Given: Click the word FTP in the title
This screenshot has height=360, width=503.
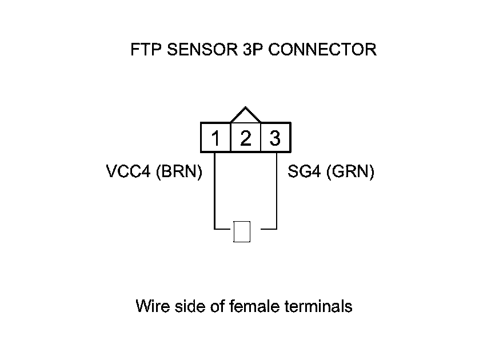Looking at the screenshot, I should [x=146, y=50].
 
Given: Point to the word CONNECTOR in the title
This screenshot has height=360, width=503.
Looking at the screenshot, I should [x=322, y=50].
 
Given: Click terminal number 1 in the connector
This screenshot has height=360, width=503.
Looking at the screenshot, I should [x=215, y=138].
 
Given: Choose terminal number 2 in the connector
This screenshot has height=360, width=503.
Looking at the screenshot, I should [x=245, y=138].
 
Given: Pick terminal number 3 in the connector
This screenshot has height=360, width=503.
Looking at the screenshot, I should [x=275, y=138].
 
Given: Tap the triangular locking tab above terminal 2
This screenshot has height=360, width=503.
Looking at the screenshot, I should [x=245, y=115].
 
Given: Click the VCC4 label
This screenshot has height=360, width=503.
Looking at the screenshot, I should [x=128, y=172].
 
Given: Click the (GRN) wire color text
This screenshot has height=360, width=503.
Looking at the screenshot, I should [x=350, y=172].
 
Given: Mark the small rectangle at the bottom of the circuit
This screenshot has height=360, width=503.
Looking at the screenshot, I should [x=242, y=231].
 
